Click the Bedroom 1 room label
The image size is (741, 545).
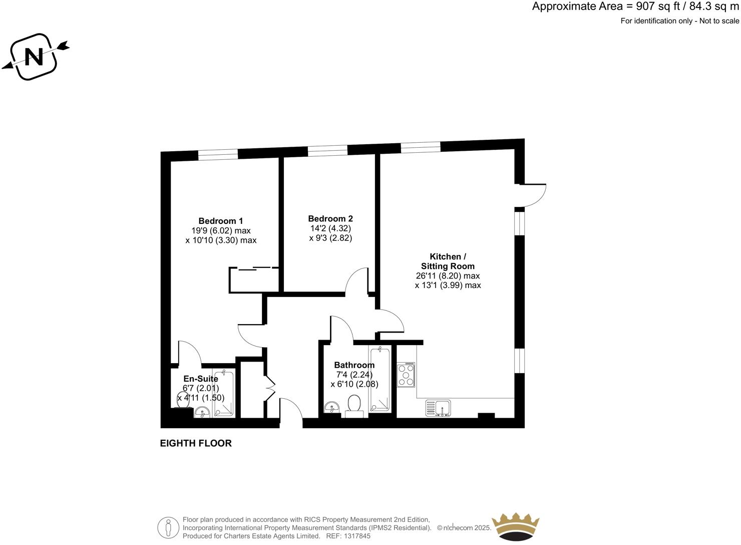click(221, 221)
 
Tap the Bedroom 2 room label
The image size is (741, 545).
click(330, 218)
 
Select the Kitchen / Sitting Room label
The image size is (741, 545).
click(448, 261)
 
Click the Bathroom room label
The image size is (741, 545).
click(354, 365)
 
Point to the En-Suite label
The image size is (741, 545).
click(201, 379)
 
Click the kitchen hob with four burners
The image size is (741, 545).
click(406, 375)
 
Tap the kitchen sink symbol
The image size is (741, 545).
click(438, 408)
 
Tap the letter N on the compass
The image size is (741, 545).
click(34, 56)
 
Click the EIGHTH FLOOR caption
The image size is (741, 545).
click(196, 443)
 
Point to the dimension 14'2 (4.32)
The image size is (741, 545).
click(330, 228)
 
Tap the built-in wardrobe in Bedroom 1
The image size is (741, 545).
click(254, 280)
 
